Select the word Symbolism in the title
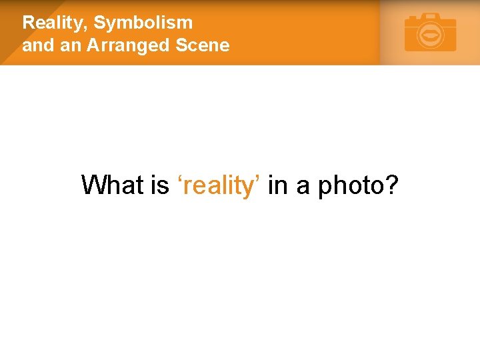[x=143, y=23]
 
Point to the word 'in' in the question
[x=277, y=185]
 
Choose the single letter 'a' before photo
[x=303, y=187]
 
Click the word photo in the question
[x=349, y=186]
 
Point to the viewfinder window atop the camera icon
[x=431, y=15]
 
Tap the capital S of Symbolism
[x=100, y=23]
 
